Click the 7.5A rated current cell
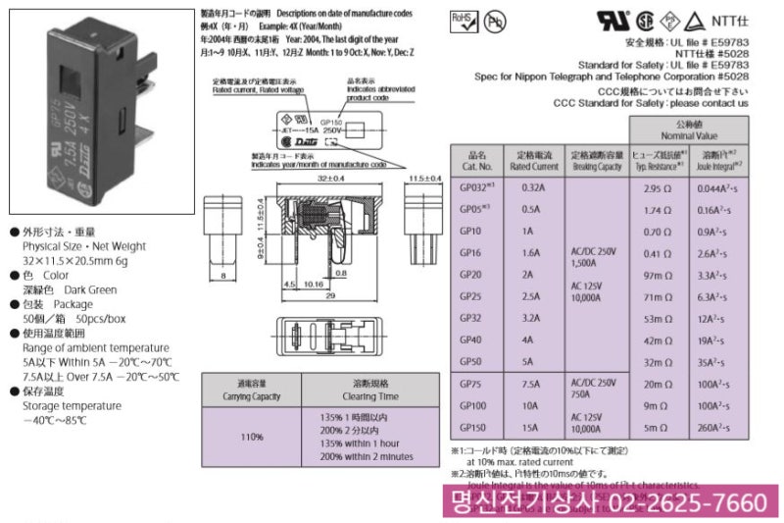pos(532,384)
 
